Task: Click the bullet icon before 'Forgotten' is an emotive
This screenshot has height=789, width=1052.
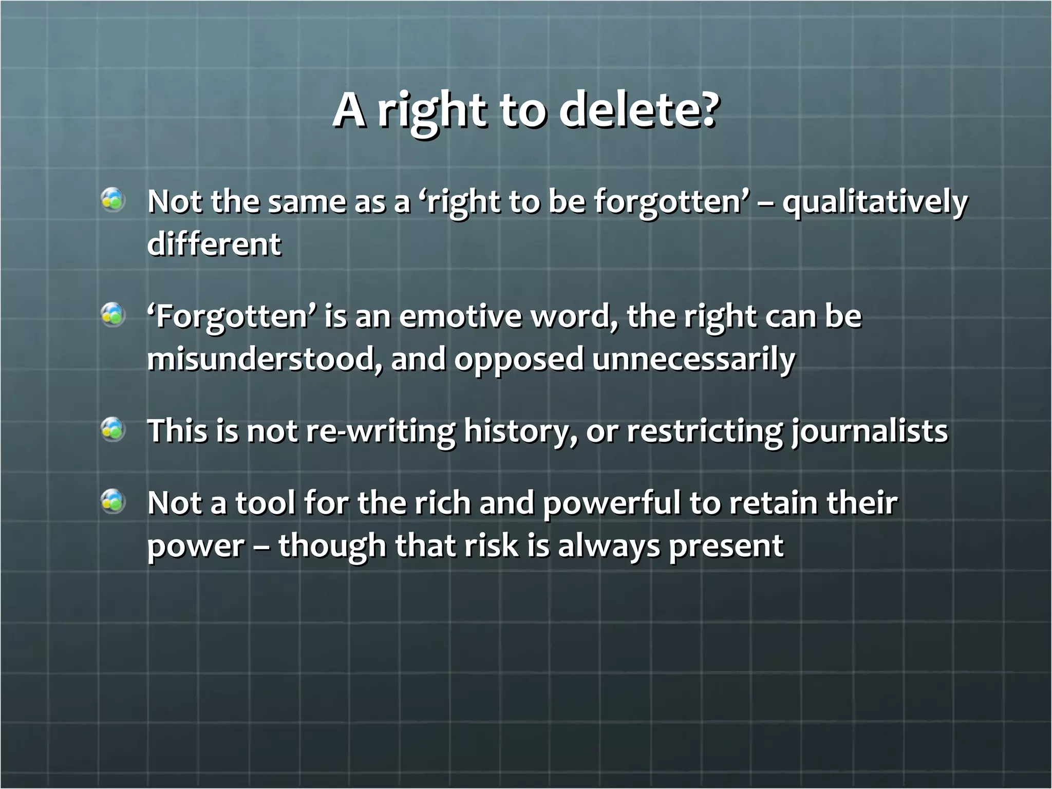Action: [113, 315]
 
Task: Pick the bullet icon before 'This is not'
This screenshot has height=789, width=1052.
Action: [113, 429]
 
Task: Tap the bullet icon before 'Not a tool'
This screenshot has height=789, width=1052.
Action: [113, 502]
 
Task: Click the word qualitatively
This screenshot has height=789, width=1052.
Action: [874, 203]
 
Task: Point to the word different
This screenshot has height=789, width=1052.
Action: [214, 244]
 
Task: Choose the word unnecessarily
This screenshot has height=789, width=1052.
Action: [693, 360]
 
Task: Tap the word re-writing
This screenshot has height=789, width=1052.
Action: [380, 431]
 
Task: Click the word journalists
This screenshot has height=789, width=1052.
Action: [869, 431]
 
